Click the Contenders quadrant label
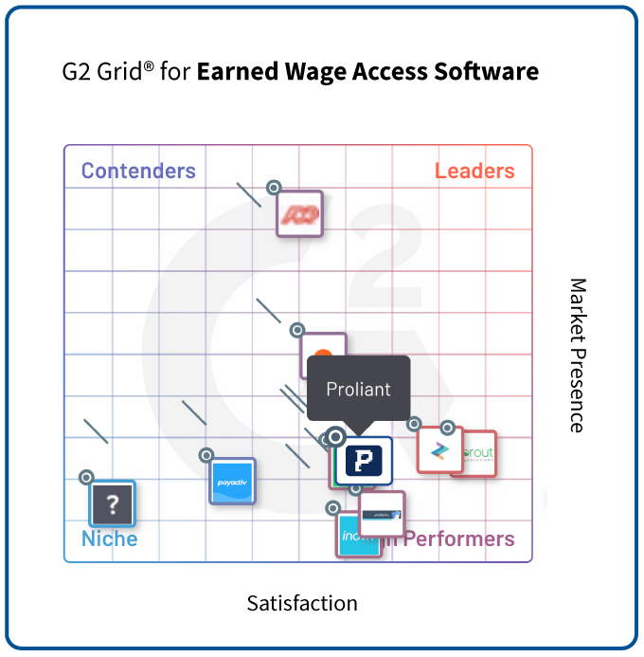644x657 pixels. (x=138, y=172)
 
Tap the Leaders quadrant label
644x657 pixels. (x=474, y=172)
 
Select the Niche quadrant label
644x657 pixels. (x=109, y=539)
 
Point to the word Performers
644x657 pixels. (x=459, y=539)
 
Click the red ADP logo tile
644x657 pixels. (x=299, y=213)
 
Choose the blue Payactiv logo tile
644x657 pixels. (x=232, y=482)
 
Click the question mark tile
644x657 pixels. (x=113, y=503)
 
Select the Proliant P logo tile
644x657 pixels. (x=364, y=461)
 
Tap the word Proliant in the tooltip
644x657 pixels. (x=358, y=390)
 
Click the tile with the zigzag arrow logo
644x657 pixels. (x=439, y=450)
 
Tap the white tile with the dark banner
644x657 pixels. (x=383, y=513)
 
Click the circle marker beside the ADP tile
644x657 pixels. (x=274, y=188)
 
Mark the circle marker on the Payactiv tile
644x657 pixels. (x=206, y=455)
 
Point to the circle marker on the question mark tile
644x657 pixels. (x=86, y=477)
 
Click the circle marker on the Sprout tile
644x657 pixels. (x=447, y=428)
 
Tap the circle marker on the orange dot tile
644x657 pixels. (x=297, y=330)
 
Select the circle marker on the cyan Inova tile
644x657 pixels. (x=332, y=508)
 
